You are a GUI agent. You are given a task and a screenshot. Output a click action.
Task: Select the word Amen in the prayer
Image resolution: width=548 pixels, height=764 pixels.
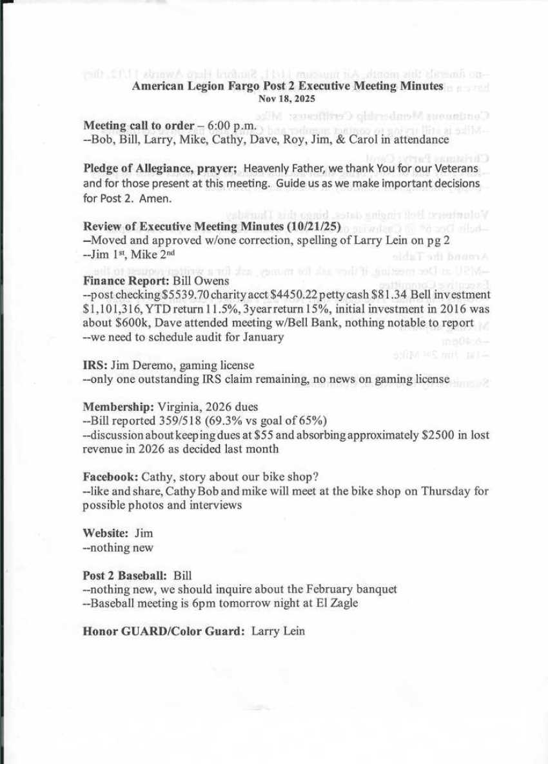point(158,197)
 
